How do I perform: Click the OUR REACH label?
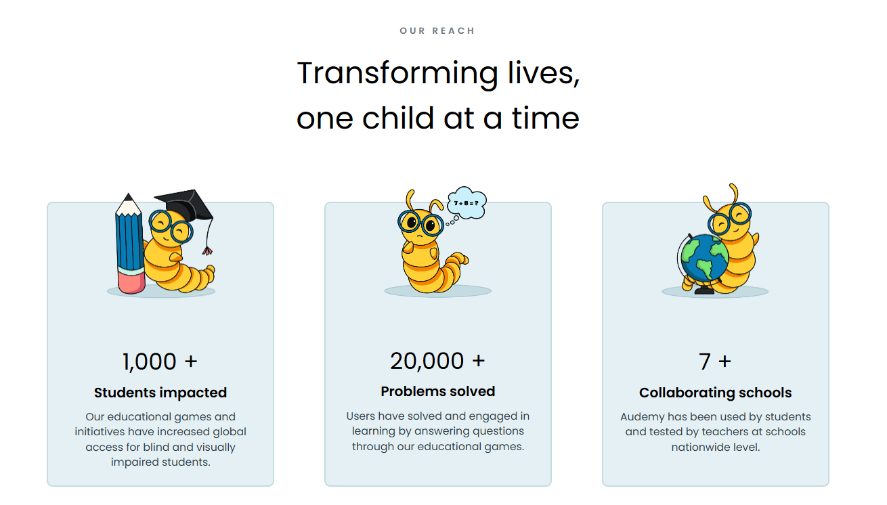(x=437, y=31)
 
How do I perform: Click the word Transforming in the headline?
(x=397, y=74)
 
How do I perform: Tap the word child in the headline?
(x=398, y=118)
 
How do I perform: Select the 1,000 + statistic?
(x=160, y=361)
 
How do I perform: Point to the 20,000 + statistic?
(x=437, y=361)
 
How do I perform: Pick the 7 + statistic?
(x=715, y=361)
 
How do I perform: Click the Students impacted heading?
(x=160, y=393)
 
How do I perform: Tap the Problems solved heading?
(x=438, y=391)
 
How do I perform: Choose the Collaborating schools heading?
(x=715, y=393)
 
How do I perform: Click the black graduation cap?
(x=185, y=204)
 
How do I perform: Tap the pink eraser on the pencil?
(x=131, y=282)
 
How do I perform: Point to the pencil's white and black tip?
(x=128, y=204)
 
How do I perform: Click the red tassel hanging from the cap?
(x=207, y=251)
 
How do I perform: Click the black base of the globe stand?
(x=704, y=291)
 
